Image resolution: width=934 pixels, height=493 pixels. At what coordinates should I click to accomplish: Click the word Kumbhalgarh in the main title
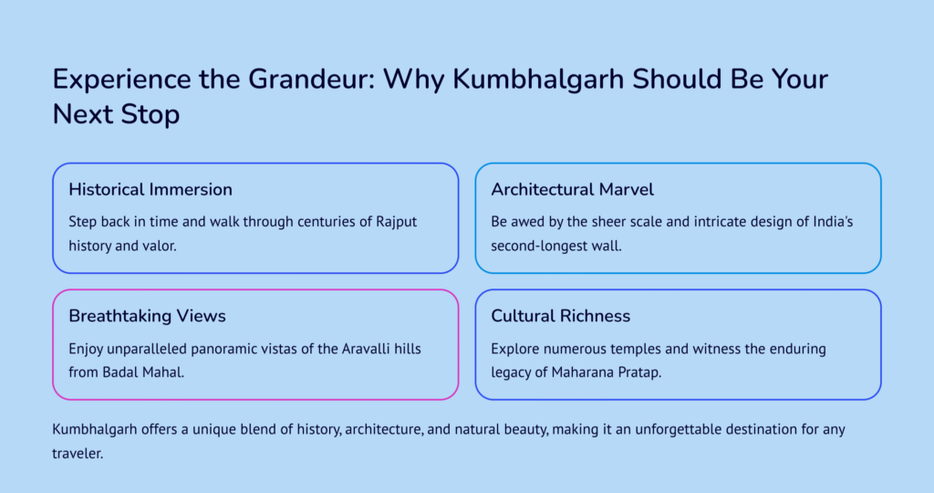coord(538,79)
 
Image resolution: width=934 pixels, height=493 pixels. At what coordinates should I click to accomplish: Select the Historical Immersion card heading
coord(150,190)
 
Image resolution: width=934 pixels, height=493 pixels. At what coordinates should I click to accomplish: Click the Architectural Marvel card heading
coord(573,190)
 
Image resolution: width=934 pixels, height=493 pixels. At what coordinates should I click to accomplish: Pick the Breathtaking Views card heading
coord(147,316)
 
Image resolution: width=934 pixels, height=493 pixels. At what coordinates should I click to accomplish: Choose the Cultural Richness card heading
coord(561,316)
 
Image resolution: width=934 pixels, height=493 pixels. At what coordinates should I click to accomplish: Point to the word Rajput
coord(396,222)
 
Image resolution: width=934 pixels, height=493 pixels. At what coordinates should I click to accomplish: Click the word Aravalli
coord(366,349)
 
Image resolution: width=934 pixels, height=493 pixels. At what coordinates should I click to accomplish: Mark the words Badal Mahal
coord(143,372)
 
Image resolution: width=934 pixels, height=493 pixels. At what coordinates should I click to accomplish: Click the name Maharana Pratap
coord(607,372)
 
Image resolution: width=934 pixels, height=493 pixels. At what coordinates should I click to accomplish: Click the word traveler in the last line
coord(78,454)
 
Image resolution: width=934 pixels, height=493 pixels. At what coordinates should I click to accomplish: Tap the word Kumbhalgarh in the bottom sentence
coord(95,430)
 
